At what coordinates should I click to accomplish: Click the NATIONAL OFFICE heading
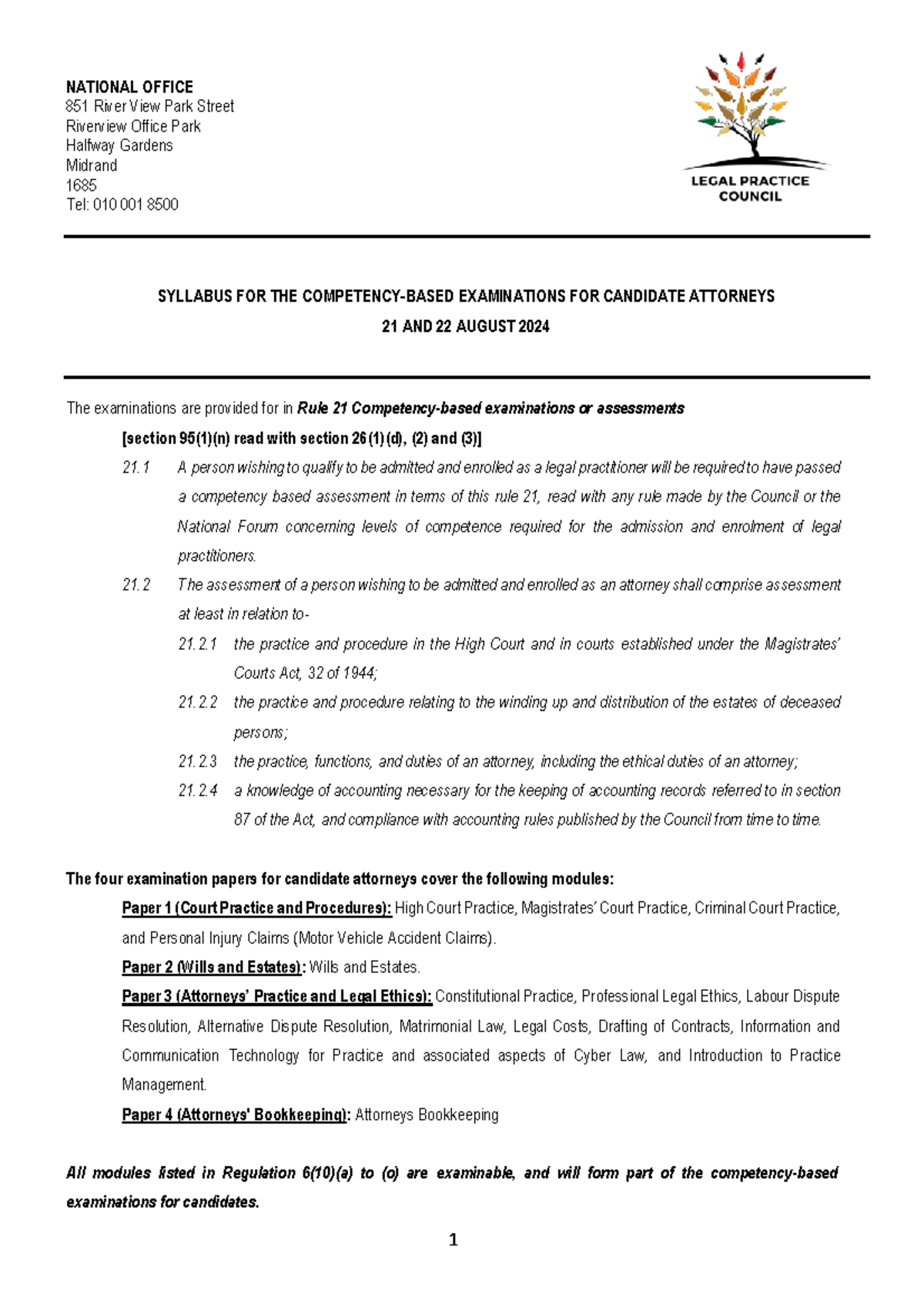[x=129, y=87]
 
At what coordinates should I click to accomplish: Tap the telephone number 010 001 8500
[x=136, y=205]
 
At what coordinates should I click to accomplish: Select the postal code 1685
[x=81, y=185]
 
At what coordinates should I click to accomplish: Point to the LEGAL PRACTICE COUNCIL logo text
[x=749, y=189]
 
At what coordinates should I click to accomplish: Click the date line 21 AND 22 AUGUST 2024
[x=466, y=326]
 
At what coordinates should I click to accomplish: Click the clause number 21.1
[x=136, y=467]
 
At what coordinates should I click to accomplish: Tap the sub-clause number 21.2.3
[x=197, y=761]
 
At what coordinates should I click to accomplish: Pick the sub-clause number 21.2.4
[x=197, y=791]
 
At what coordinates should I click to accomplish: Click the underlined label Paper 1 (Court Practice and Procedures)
[x=256, y=908]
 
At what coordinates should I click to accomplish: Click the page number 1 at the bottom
[x=453, y=1239]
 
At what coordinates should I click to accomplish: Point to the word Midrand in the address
[x=92, y=165]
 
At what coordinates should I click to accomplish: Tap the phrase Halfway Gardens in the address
[x=119, y=145]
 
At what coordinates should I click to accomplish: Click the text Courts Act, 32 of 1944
[x=305, y=673]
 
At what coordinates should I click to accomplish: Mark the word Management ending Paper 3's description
[x=164, y=1085]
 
